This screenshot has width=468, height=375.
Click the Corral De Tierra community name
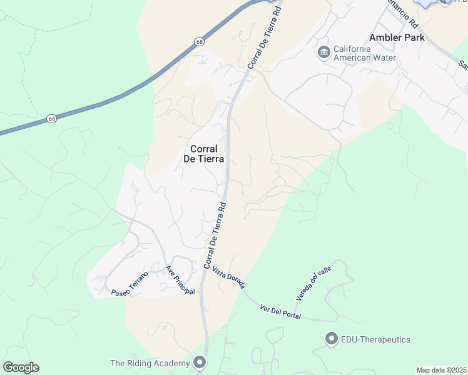[x=200, y=154]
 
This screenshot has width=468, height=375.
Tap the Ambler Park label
[x=397, y=37]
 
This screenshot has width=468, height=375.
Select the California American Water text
[x=364, y=54]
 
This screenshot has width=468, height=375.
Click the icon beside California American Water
[x=323, y=52]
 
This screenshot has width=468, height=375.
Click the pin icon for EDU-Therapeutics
[x=331, y=339]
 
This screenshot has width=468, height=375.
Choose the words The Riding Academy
[x=150, y=363]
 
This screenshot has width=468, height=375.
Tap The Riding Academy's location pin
[x=200, y=362]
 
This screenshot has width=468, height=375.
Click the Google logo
[x=21, y=367]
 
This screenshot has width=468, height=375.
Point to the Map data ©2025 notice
[x=441, y=370]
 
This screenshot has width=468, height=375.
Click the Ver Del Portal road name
[x=280, y=311]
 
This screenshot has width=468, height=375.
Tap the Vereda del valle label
[x=313, y=281]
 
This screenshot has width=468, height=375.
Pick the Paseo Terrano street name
[x=130, y=284]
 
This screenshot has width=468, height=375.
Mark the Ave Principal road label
[x=180, y=281]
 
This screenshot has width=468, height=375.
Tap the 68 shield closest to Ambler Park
[x=199, y=42]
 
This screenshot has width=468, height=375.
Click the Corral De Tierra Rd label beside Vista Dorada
[x=214, y=235]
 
